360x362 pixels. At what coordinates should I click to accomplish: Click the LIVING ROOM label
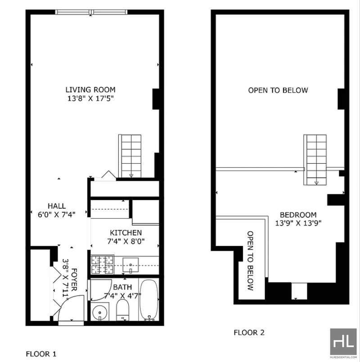[x=90, y=89]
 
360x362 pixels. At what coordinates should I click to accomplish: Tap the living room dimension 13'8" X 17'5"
[x=90, y=98]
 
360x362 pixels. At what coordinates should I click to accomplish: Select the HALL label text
[x=57, y=206]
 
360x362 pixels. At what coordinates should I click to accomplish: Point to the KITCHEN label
[x=126, y=232]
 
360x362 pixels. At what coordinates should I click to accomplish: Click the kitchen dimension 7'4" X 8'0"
[x=126, y=241]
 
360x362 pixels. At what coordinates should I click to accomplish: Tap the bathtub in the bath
[x=149, y=300]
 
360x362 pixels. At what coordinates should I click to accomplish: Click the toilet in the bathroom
[x=122, y=310]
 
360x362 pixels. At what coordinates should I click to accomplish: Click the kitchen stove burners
[x=102, y=264]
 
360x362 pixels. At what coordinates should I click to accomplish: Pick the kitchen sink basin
[x=130, y=265]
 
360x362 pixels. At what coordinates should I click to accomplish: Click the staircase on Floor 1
[x=130, y=156]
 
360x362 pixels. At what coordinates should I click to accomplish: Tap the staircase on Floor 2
[x=315, y=160]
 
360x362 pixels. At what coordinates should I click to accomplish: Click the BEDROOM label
[x=298, y=215]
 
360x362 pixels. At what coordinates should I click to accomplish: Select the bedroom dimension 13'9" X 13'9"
[x=298, y=223]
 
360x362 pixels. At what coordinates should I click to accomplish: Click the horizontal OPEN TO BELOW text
[x=278, y=90]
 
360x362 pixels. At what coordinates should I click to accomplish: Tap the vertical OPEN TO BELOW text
[x=250, y=261]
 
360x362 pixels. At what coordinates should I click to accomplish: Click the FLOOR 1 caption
[x=41, y=354]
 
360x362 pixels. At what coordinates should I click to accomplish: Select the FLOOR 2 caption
[x=249, y=332]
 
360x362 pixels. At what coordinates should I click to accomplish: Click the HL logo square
[x=343, y=341]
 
